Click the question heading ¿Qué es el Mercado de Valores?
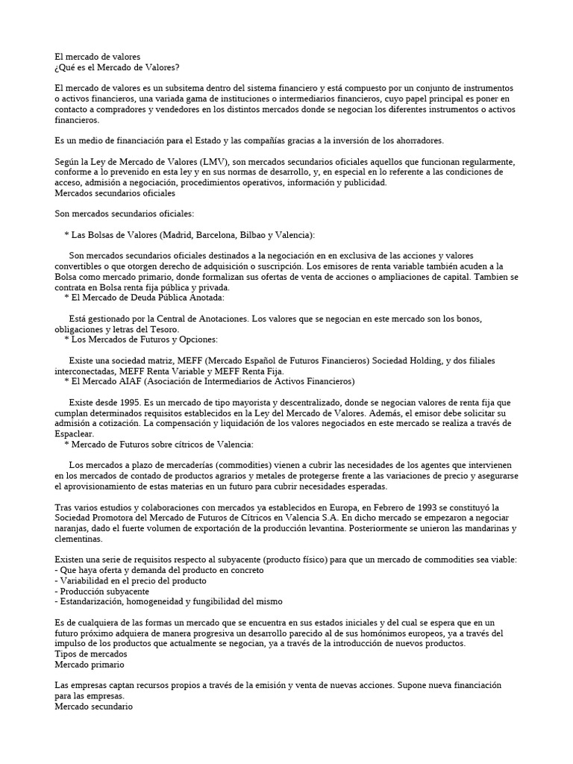pos(117,67)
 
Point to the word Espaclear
pos(75,433)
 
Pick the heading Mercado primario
pos(90,664)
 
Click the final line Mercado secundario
pos(94,706)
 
